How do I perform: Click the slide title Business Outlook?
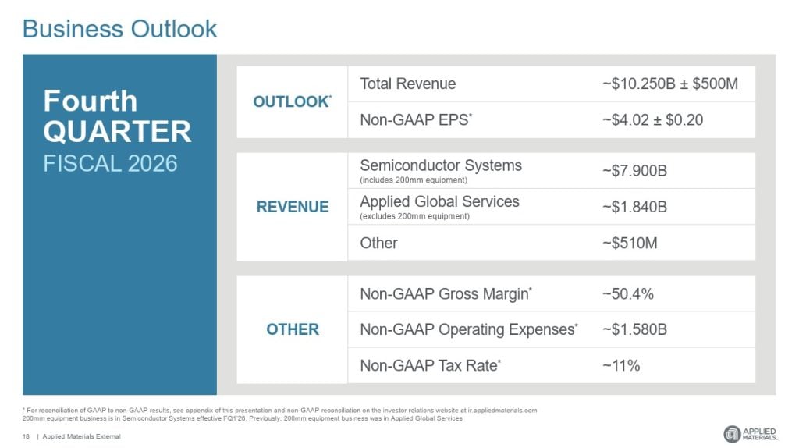click(x=119, y=29)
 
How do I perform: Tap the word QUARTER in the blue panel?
click(x=117, y=131)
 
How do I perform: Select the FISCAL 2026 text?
click(x=110, y=164)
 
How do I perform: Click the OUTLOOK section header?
click(x=293, y=101)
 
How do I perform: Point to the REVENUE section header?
click(x=293, y=207)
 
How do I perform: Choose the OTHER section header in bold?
click(x=293, y=329)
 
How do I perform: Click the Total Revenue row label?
click(x=407, y=84)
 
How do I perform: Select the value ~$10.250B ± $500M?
click(x=670, y=84)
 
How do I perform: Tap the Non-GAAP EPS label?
click(x=416, y=119)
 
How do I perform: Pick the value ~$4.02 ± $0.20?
click(x=653, y=119)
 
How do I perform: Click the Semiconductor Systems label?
click(x=441, y=165)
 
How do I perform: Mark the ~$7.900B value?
click(x=635, y=171)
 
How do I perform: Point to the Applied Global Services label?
click(x=440, y=201)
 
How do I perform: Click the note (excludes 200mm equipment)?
click(x=415, y=216)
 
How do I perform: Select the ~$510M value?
click(x=630, y=243)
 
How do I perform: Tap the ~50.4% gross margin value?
click(x=628, y=294)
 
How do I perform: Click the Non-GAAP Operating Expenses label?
click(x=469, y=330)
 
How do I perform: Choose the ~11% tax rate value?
click(x=621, y=365)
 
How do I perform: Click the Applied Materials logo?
click(x=751, y=434)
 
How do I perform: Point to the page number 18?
click(x=26, y=436)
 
